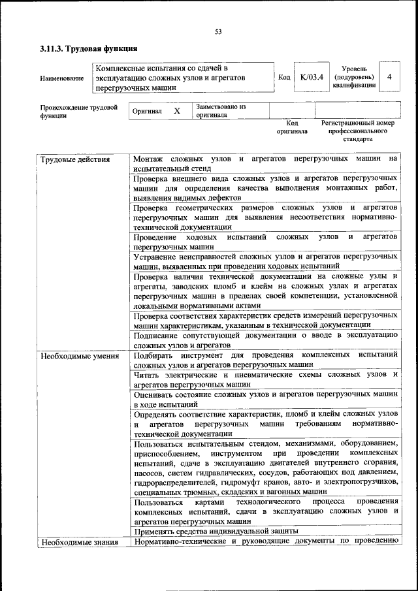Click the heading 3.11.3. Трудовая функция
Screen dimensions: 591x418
pyautogui.click(x=88, y=48)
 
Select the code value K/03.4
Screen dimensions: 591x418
pyautogui.click(x=312, y=78)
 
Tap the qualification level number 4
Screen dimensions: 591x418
pyautogui.click(x=389, y=77)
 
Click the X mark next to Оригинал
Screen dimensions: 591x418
pyautogui.click(x=176, y=112)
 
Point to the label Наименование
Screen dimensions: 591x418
pyautogui.click(x=61, y=78)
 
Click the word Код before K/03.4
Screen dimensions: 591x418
pyautogui.click(x=284, y=78)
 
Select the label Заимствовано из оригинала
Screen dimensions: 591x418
pyautogui.click(x=221, y=110)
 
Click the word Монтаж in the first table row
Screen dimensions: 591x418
pyautogui.click(x=148, y=159)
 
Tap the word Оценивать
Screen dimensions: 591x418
pyautogui.click(x=155, y=394)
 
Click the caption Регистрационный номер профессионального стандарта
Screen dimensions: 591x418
pyautogui.click(x=358, y=131)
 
